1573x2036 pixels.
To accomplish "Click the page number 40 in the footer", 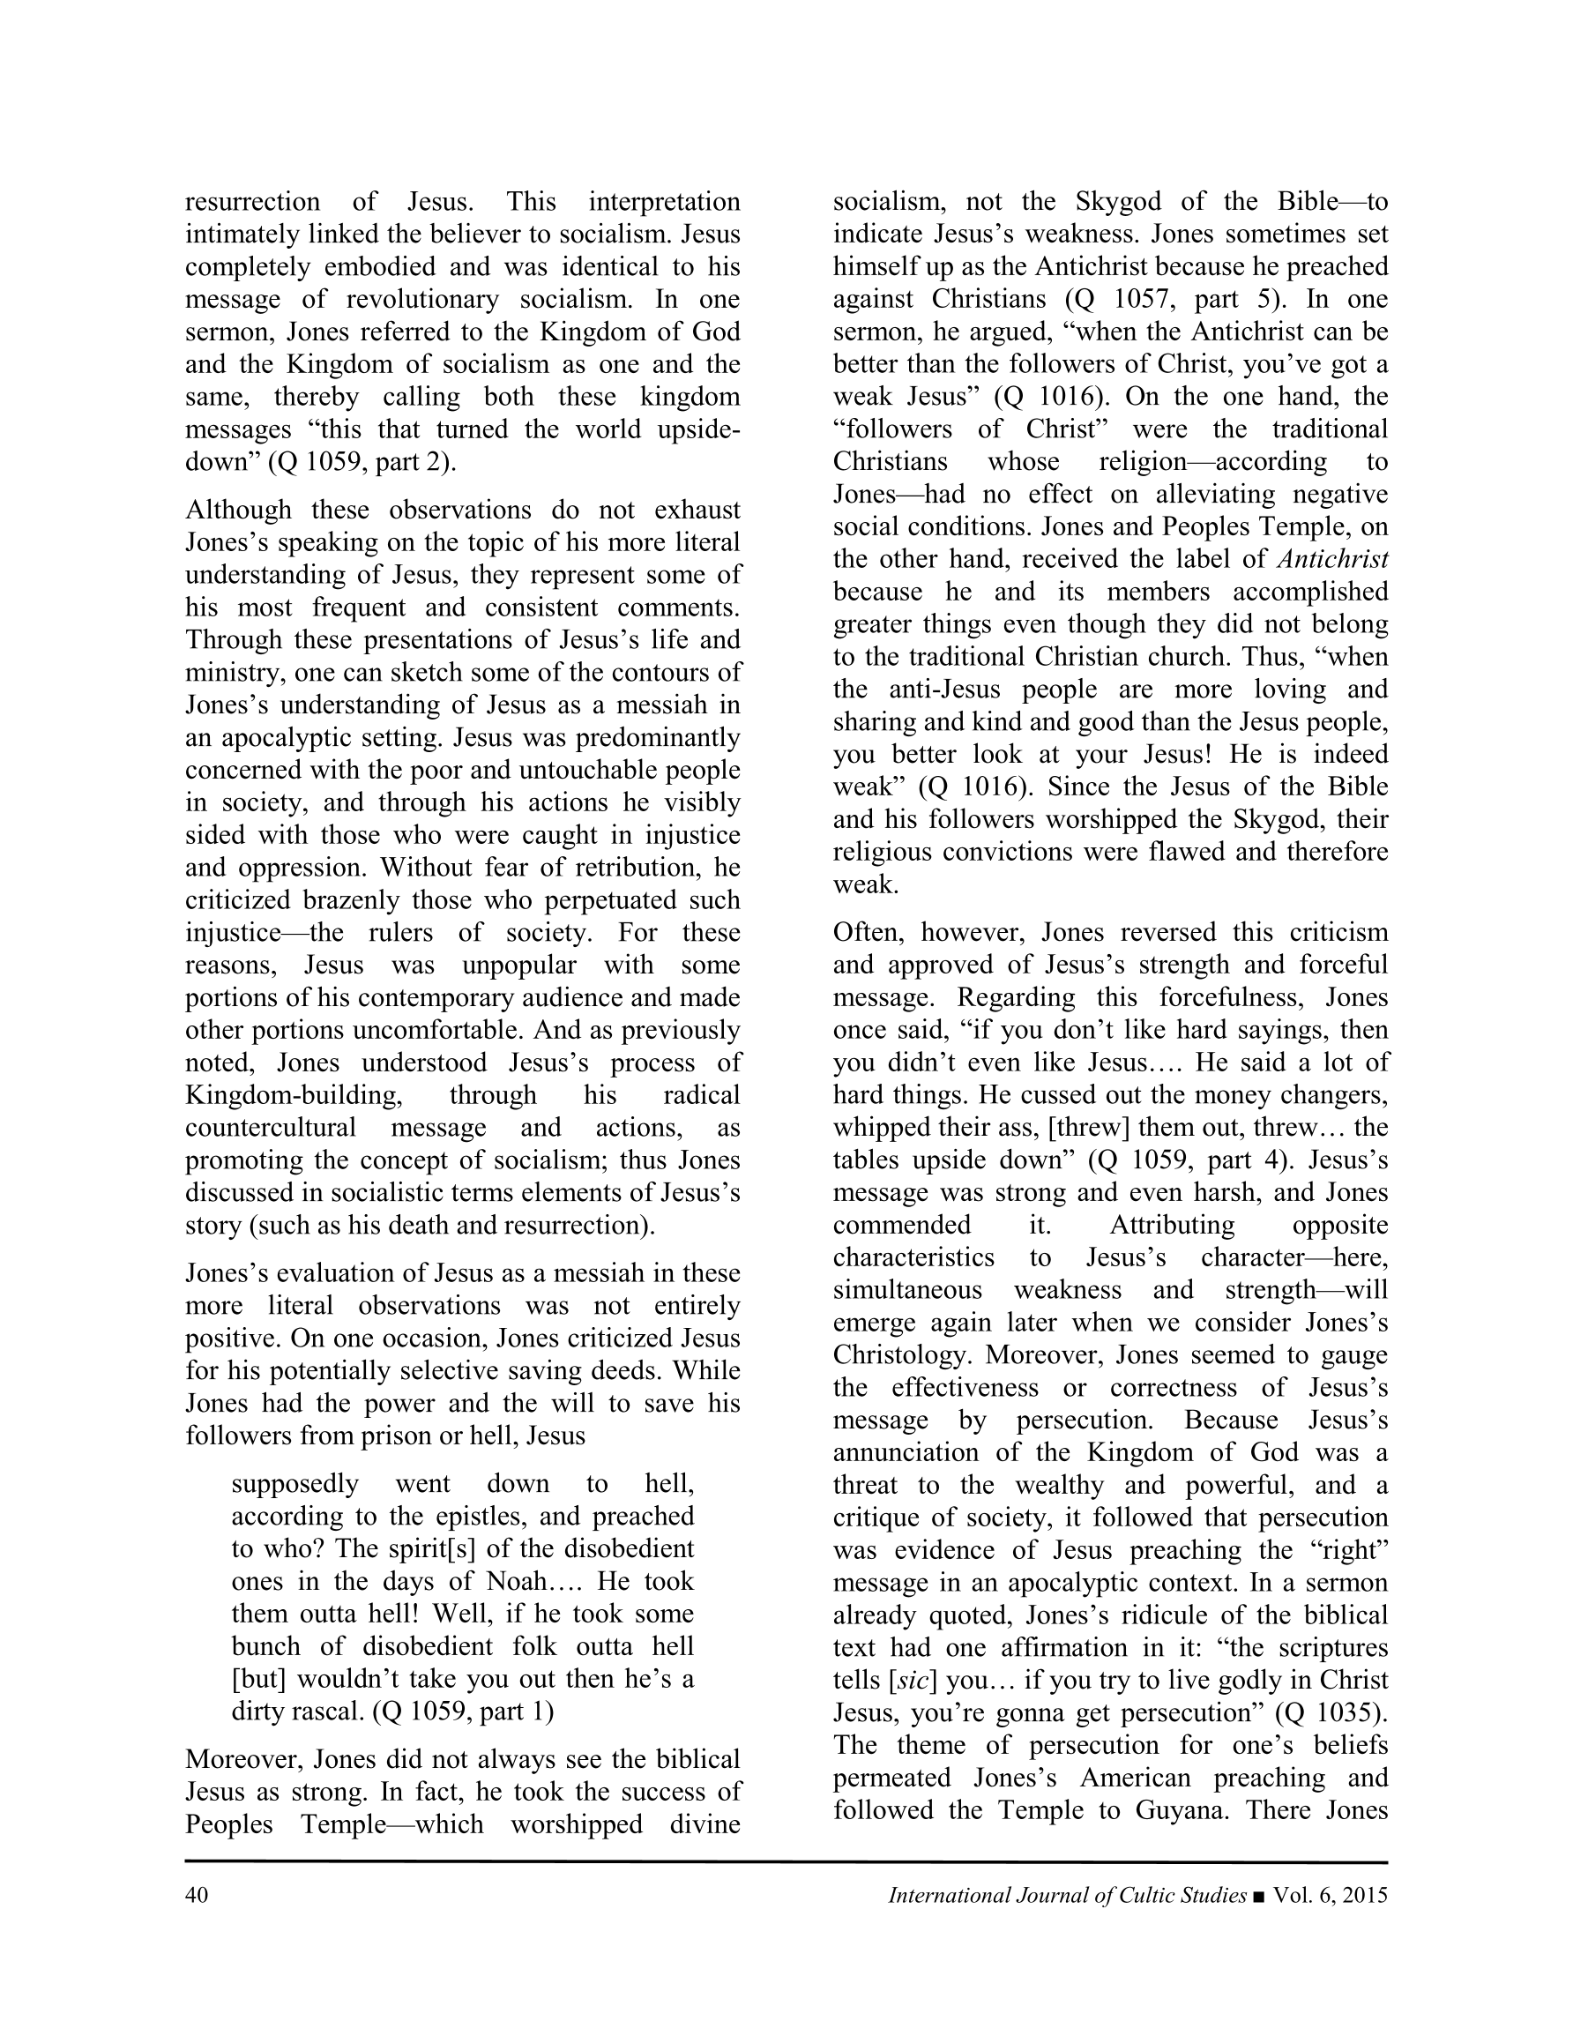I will (196, 1895).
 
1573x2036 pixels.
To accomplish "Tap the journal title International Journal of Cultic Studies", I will (1067, 1895).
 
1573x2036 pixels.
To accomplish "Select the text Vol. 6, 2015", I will (1331, 1895).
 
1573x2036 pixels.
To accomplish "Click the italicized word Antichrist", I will (1333, 559).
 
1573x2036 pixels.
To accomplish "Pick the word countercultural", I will (271, 1128).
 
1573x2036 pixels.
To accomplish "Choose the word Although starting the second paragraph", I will (238, 511).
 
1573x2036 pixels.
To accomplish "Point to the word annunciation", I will (909, 1453).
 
